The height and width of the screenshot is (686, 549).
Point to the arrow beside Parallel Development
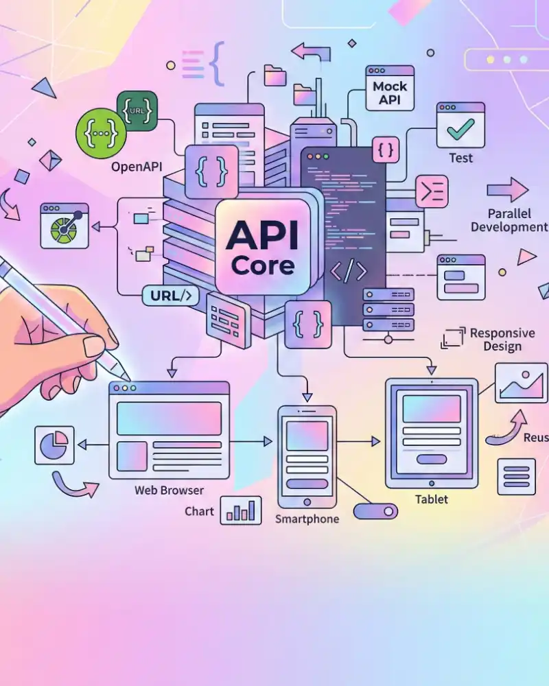(x=508, y=190)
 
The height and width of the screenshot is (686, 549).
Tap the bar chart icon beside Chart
(x=241, y=510)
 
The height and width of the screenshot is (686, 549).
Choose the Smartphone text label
(x=307, y=519)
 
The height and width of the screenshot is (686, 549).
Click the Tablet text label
(x=432, y=499)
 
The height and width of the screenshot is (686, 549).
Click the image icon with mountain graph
(x=521, y=382)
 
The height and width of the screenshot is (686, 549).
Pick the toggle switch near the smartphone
(x=375, y=511)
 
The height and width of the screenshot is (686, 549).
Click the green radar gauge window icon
(x=65, y=225)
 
